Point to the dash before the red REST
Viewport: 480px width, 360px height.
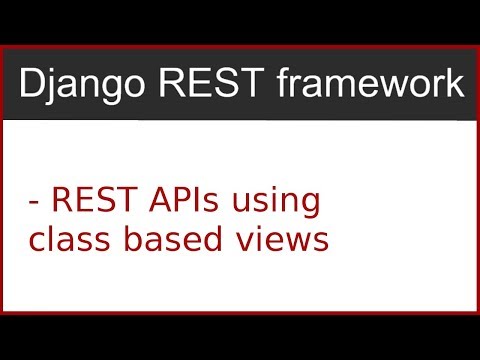(x=35, y=202)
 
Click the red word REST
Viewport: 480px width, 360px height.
(x=89, y=199)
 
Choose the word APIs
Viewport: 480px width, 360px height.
(x=181, y=199)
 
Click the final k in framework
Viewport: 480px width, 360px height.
(x=454, y=83)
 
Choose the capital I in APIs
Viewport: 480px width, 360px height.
(x=196, y=199)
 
